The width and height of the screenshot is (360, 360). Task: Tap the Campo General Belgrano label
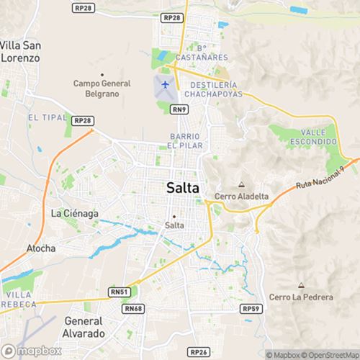102,88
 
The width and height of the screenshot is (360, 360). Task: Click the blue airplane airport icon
166,84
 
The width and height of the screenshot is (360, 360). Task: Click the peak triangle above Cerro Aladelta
241,184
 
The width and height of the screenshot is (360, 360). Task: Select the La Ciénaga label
74,213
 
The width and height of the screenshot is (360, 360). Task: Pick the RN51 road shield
120,292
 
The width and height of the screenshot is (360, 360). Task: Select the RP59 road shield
251,308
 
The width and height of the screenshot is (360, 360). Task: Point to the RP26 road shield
199,351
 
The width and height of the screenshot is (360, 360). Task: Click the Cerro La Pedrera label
301,297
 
